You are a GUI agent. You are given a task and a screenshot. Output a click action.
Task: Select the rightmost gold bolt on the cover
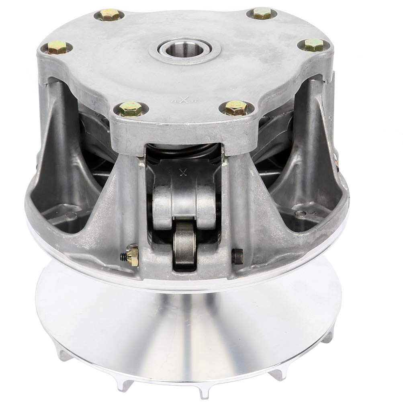point(314,45)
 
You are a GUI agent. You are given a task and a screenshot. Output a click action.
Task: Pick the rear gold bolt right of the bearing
point(264,14)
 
